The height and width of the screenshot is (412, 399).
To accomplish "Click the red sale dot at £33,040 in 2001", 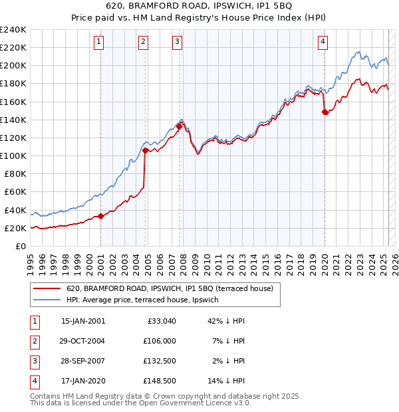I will [x=100, y=216].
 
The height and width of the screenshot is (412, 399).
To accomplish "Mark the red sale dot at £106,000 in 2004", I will [x=145, y=150].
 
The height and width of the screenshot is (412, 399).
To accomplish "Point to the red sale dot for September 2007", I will [x=180, y=126].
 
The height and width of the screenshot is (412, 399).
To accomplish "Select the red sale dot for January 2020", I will [x=325, y=112].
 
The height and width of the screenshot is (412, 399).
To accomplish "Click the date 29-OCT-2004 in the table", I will [x=82, y=340].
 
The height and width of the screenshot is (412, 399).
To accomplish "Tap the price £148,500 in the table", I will [x=160, y=381].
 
